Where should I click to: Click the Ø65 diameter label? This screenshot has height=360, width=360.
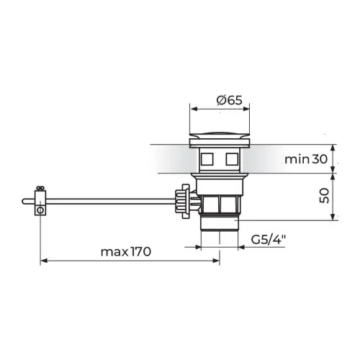pos(230,100)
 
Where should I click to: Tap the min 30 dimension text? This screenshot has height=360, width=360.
pos(306,159)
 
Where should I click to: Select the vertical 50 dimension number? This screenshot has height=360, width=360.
pos(324,196)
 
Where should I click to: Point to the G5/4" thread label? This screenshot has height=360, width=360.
pos(269,239)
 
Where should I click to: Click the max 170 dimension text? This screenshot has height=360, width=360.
pos(126,252)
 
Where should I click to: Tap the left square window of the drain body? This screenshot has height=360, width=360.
pos(207,159)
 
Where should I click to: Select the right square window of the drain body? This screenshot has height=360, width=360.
pos(232,159)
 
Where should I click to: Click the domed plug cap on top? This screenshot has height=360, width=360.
pos(220,135)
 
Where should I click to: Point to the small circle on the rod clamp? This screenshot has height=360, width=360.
pos(40,210)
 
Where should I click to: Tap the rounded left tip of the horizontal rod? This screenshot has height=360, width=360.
pos(24,202)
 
